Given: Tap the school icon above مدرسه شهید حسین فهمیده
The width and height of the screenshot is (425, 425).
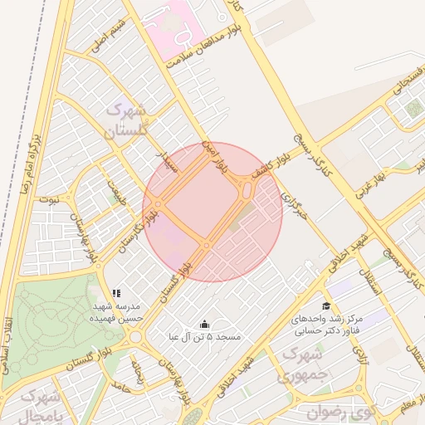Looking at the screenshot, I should [117, 293].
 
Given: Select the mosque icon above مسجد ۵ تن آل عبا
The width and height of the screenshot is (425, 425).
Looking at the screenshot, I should [205, 324].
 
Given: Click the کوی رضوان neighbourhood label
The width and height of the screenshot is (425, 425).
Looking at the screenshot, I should [340, 411].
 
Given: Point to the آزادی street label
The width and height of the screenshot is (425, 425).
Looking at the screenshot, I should [361, 355].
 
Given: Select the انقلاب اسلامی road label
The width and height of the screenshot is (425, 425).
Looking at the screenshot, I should [8, 344].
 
